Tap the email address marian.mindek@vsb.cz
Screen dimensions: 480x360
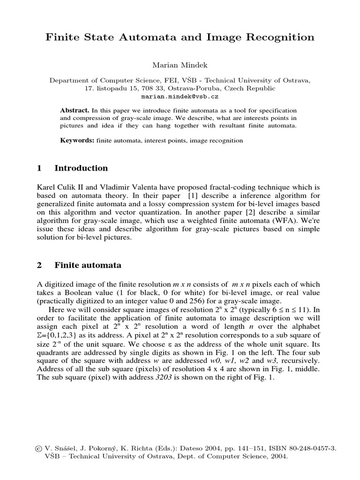click(180, 97)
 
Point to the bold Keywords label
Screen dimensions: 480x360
click(77, 140)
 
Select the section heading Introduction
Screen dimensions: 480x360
click(81, 168)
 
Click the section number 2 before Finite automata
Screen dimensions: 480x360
click(39, 265)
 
